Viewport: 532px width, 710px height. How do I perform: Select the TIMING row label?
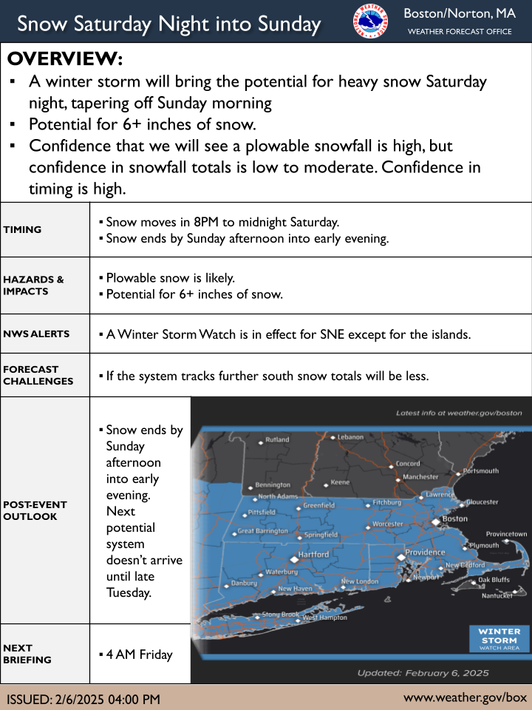tap(23, 229)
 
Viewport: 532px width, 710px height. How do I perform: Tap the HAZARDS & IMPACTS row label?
tap(33, 285)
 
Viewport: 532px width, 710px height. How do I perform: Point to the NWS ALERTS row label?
tap(36, 334)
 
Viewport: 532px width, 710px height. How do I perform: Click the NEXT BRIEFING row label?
tap(28, 653)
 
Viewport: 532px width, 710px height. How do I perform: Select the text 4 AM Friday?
tap(140, 654)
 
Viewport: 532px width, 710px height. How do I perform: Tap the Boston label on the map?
tap(454, 519)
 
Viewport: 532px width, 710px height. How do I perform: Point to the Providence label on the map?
tap(425, 552)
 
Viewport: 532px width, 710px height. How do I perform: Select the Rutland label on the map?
tap(277, 439)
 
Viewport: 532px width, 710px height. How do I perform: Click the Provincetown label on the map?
tap(506, 534)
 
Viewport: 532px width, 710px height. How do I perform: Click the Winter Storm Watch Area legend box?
tap(499, 639)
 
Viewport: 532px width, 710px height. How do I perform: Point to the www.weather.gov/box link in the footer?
tap(465, 697)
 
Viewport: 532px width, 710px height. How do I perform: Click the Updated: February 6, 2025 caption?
tap(423, 673)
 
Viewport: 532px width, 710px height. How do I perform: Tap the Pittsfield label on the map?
tap(262, 512)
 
